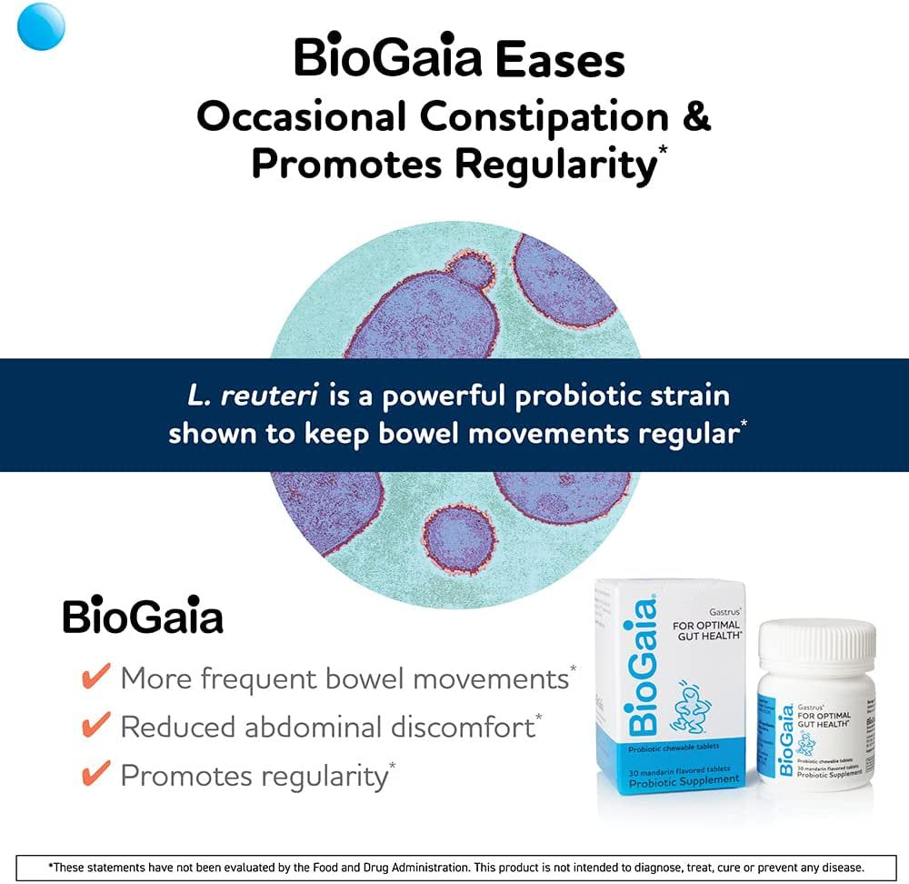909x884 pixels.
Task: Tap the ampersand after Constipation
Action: click(x=694, y=116)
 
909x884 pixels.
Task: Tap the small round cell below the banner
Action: click(x=461, y=539)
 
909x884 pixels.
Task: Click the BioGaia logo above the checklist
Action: click(x=143, y=618)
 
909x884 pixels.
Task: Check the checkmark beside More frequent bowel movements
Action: click(x=96, y=677)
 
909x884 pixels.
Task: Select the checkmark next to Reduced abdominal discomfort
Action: click(x=96, y=726)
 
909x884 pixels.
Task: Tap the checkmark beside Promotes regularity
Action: click(x=96, y=775)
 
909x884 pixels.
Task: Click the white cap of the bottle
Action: click(x=817, y=642)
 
